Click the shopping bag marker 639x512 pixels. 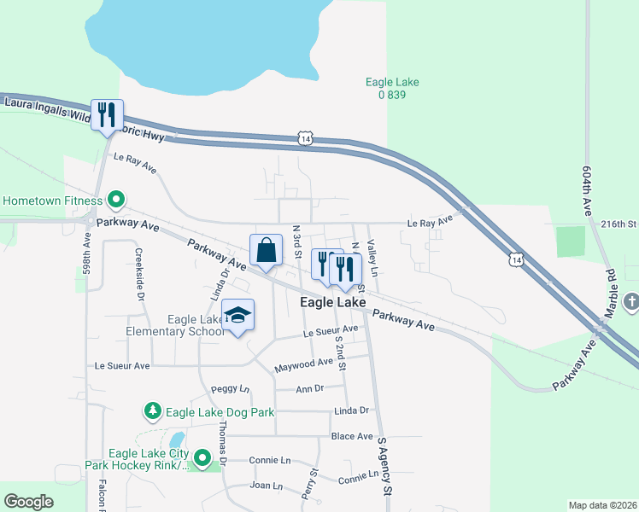coord(267,250)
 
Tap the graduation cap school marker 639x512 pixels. coord(238,315)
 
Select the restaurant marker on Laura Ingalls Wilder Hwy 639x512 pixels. coord(107,115)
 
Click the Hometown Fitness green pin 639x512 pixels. coord(116,201)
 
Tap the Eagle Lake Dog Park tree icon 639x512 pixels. coord(153,412)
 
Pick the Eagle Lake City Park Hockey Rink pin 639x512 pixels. coord(202,459)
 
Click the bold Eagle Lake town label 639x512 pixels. coord(333,303)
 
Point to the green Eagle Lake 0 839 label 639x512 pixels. coord(391,89)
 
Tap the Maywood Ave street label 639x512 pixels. coord(303,365)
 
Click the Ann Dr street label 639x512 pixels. coord(309,388)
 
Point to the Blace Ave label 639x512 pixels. coord(352,435)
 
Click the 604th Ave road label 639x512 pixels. coord(588,190)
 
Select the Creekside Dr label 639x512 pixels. coord(138,273)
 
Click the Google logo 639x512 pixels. coord(28,502)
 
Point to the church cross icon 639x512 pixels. coord(630,301)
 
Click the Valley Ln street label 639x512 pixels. coord(372,257)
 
